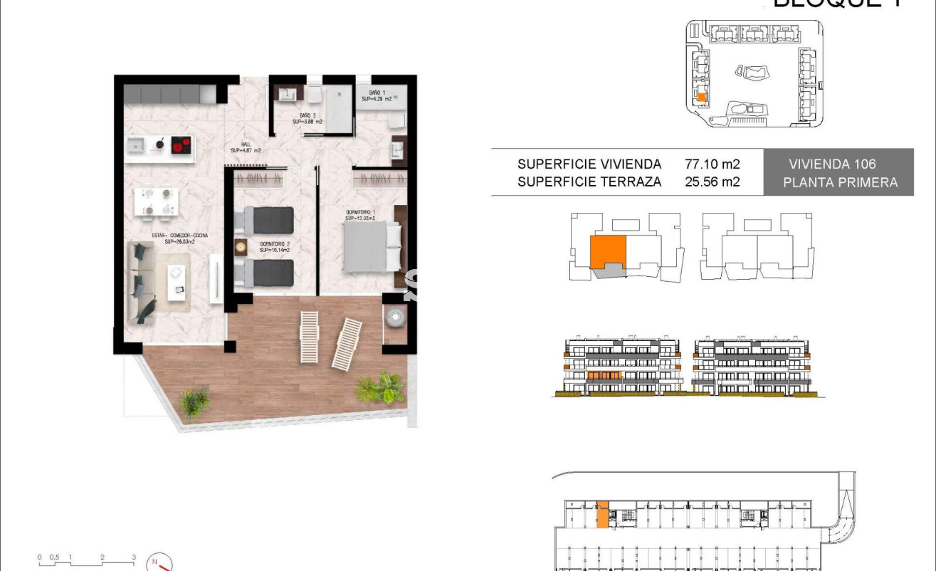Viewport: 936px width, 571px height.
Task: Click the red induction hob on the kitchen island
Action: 182,145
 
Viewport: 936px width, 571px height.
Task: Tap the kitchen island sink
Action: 137,145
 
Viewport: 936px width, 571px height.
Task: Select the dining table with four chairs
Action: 156,201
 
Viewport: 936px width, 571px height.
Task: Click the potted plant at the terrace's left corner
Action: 194,402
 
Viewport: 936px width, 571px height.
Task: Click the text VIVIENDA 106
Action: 832,164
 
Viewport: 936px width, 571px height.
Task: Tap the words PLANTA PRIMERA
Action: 840,182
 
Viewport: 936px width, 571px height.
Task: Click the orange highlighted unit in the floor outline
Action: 607,253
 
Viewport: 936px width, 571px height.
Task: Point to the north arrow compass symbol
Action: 159,562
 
